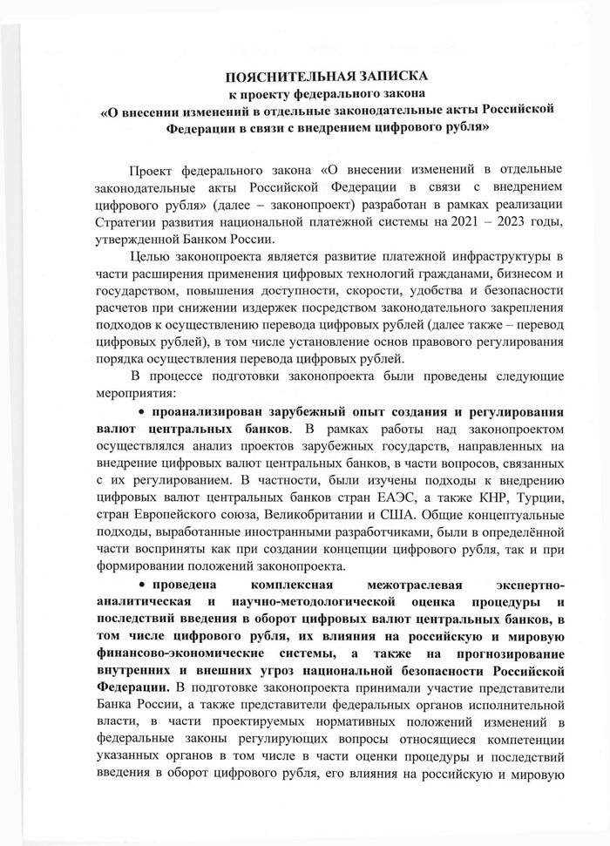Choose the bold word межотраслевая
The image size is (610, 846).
(374, 580)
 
